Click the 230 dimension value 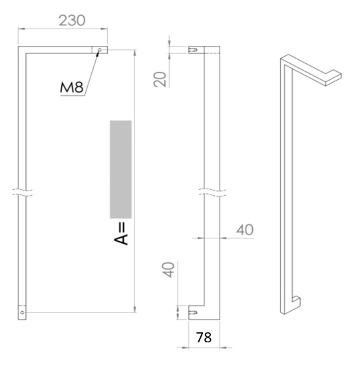(72, 20)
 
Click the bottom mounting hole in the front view (23, 311)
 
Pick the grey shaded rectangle (120, 169)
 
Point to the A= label (121, 234)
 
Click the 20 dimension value (160, 79)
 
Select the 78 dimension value (204, 338)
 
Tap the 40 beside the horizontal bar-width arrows (244, 230)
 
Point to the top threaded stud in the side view (194, 49)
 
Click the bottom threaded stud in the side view (194, 310)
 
